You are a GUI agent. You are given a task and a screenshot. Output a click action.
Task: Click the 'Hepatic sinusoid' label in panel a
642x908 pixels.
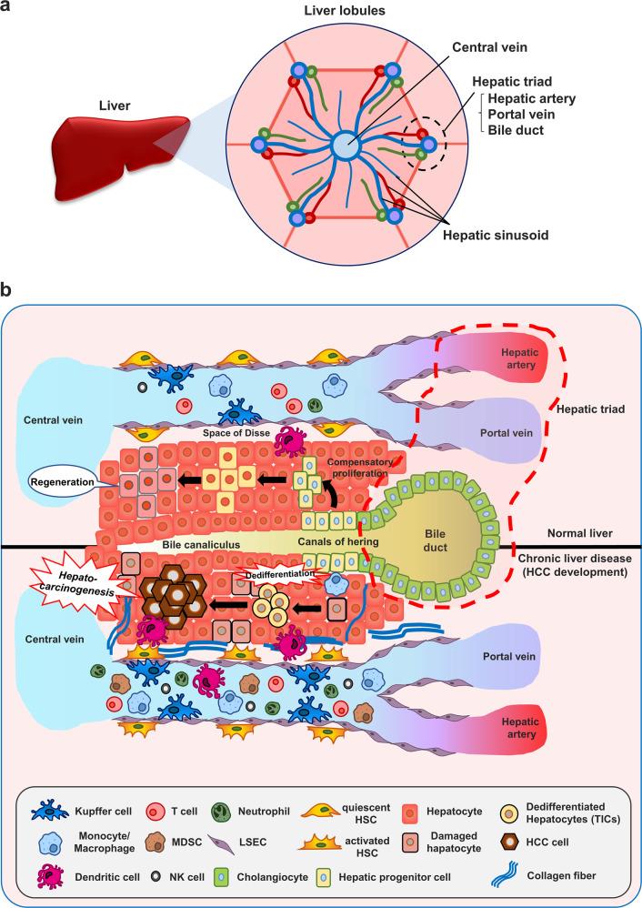point(495,233)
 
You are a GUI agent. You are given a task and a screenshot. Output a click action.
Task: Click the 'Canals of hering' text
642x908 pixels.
point(339,543)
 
